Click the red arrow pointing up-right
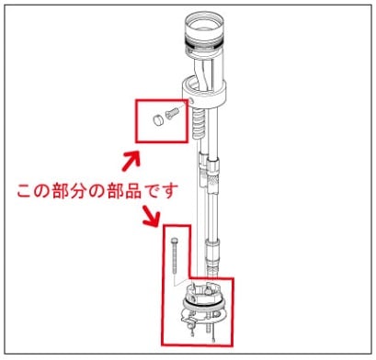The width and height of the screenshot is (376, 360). [131, 157]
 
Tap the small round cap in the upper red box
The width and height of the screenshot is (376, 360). [154, 118]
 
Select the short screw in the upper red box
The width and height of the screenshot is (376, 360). [172, 112]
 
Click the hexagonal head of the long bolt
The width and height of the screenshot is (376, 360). [173, 240]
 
